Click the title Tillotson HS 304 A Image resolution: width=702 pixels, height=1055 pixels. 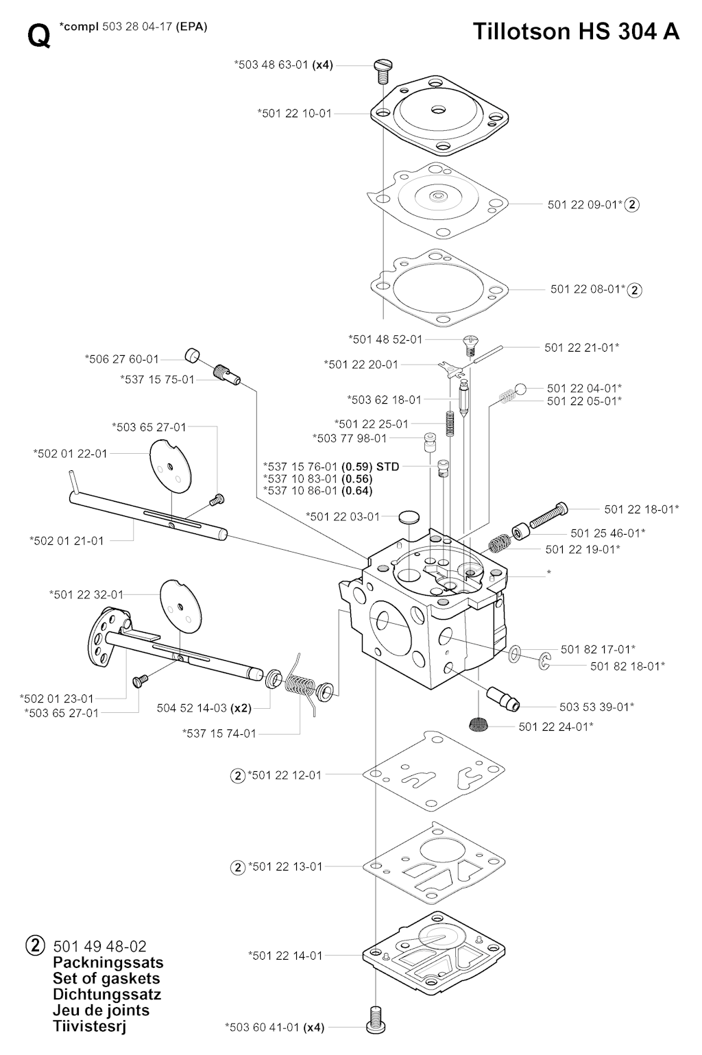click(576, 32)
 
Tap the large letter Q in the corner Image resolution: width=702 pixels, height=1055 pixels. click(39, 36)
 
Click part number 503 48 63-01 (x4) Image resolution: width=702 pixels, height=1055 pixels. click(283, 65)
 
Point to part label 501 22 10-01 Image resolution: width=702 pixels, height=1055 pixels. click(294, 113)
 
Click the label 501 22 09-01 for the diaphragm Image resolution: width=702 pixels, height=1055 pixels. click(585, 204)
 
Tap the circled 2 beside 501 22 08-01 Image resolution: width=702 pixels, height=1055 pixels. click(635, 290)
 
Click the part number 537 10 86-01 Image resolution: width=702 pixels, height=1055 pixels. click(300, 491)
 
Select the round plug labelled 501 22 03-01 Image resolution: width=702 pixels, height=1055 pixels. click(409, 516)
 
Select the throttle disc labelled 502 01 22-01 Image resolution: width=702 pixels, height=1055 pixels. click(169, 465)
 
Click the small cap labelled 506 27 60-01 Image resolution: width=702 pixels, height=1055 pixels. click(193, 356)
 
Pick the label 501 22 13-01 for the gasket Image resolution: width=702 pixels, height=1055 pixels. click(285, 866)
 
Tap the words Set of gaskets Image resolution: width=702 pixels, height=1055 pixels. click(106, 978)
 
